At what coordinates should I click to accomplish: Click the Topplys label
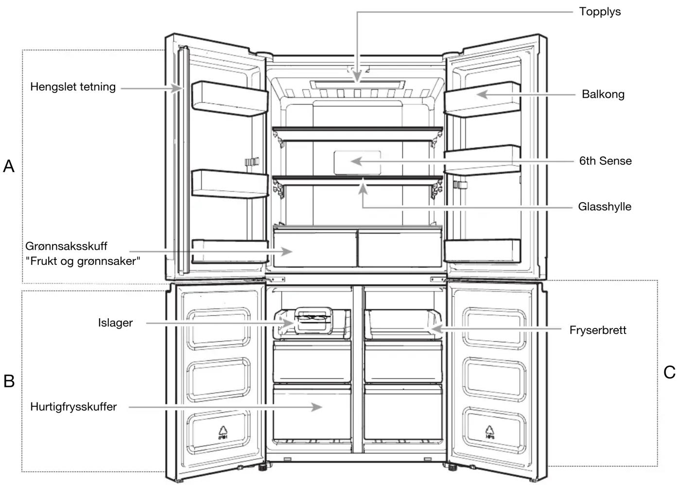[x=600, y=12]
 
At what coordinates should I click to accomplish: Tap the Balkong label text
[x=603, y=94]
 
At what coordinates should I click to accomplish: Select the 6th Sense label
[x=606, y=161]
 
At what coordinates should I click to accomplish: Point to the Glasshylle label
[x=605, y=207]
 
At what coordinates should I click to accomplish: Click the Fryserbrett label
[x=598, y=330]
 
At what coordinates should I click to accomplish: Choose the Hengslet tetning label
[x=73, y=87]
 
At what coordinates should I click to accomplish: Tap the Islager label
[x=115, y=323]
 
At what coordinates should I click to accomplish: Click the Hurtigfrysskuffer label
[x=73, y=407]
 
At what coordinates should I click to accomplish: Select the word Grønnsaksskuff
[x=66, y=246]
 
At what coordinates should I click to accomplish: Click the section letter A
[x=9, y=166]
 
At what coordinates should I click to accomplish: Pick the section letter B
[x=9, y=381]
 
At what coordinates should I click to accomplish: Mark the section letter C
[x=669, y=372]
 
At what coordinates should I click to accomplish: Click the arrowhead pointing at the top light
[x=357, y=76]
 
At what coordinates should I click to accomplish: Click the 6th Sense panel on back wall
[x=357, y=162]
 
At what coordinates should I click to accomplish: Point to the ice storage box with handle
[x=314, y=321]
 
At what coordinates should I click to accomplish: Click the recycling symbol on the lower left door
[x=223, y=433]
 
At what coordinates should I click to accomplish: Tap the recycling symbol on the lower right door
[x=490, y=432]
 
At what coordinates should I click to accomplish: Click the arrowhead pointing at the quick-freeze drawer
[x=316, y=407]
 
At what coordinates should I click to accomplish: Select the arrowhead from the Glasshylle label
[x=363, y=188]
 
